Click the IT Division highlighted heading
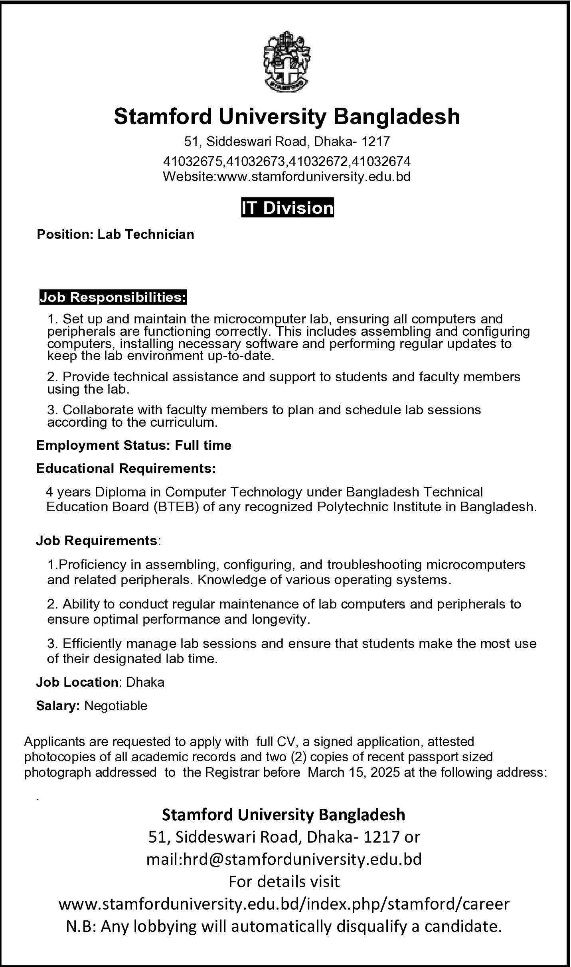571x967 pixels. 287,208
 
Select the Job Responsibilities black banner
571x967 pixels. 113,297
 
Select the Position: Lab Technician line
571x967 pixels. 115,234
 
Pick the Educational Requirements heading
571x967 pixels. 126,468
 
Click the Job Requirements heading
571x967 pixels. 97,541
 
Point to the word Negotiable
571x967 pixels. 116,706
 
